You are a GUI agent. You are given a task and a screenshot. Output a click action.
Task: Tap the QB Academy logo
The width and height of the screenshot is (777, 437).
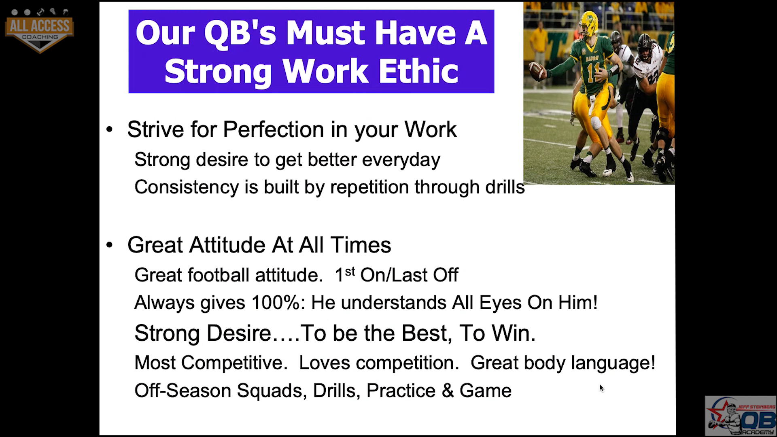tap(741, 416)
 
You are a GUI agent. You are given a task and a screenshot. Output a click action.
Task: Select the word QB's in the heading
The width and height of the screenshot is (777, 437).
tap(240, 33)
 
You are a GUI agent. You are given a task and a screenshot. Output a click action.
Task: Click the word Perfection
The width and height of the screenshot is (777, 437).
tap(274, 129)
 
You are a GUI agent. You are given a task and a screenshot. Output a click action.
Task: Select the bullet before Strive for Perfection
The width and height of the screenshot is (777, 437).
tap(109, 130)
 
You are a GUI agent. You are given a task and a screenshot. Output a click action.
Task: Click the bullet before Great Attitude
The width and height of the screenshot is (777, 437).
tap(109, 245)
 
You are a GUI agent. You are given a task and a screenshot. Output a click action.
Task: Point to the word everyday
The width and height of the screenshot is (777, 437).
tap(401, 160)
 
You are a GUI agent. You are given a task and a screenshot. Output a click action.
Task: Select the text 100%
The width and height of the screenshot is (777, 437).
tap(278, 303)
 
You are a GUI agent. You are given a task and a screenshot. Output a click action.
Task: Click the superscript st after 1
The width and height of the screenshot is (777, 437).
tap(350, 272)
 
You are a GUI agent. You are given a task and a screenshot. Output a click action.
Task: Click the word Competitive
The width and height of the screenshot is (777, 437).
tap(234, 363)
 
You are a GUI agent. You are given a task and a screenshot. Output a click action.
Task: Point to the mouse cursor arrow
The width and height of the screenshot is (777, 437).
tap(602, 388)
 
